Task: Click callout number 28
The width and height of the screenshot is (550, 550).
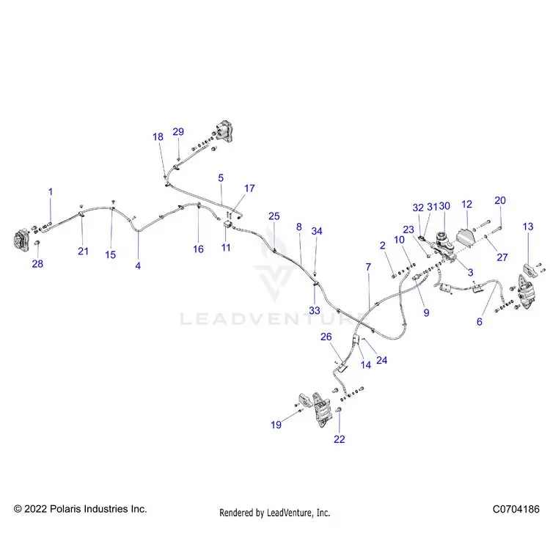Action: coord(37,263)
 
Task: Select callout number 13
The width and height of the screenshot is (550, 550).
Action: coord(528,227)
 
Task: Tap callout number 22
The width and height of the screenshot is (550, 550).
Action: coord(340,439)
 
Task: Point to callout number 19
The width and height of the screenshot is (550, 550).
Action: coord(276,425)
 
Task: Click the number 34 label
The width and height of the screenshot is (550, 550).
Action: coord(317,231)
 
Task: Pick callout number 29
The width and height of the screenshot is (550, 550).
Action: coord(178,131)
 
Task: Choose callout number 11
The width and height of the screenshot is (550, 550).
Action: coord(226,248)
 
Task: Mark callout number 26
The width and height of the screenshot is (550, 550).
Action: coord(326,337)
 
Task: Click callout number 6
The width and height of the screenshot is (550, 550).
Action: coord(480,322)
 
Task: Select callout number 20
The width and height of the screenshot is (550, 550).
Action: coord(500,200)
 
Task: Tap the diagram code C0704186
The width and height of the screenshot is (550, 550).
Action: coord(516,509)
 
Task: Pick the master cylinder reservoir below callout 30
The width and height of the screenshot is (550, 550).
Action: coord(443,239)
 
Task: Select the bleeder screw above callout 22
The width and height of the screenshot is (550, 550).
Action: coord(340,409)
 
